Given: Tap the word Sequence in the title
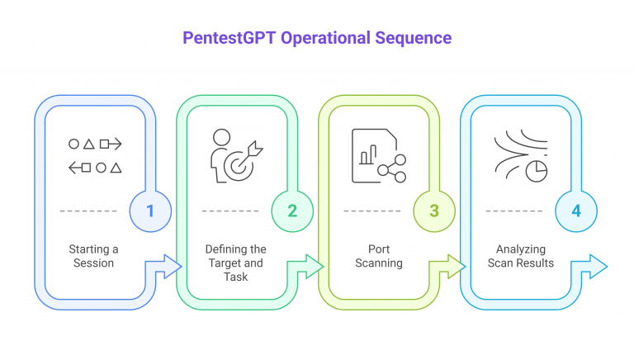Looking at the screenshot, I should pyautogui.click(x=415, y=38).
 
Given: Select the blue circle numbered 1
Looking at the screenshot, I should pyautogui.click(x=150, y=211).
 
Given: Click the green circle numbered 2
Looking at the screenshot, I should pyautogui.click(x=292, y=211).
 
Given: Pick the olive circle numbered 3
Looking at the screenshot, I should pyautogui.click(x=434, y=211).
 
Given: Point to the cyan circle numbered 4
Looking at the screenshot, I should pyautogui.click(x=576, y=211).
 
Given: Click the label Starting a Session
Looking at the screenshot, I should pyautogui.click(x=92, y=256).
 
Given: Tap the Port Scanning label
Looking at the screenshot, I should pyautogui.click(x=378, y=256).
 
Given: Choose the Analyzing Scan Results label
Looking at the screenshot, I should pyautogui.click(x=520, y=256).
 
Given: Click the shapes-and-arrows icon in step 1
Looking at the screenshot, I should pyautogui.click(x=94, y=156).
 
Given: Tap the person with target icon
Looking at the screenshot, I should pyautogui.click(x=234, y=155).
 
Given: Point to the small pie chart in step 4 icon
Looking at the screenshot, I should pyautogui.click(x=538, y=169).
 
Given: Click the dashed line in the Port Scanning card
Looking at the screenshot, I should pyautogui.click(x=372, y=211).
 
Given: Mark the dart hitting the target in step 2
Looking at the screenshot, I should pyautogui.click(x=253, y=149).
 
